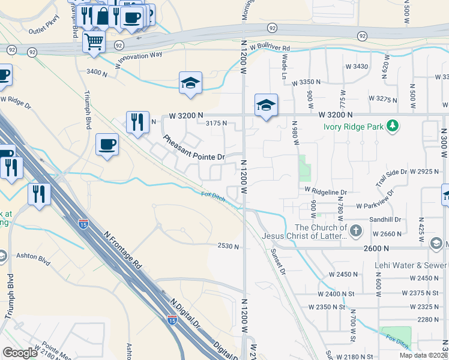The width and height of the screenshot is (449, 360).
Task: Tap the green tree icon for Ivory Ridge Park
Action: coord(393,125)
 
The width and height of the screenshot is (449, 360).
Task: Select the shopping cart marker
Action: coord(94,43)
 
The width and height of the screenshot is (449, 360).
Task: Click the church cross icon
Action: coord(356,230)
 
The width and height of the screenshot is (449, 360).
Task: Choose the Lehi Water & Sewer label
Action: coord(411,265)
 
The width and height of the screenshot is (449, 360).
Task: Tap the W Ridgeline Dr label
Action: coord(326,191)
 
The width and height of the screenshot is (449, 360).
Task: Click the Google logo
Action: coord(20,353)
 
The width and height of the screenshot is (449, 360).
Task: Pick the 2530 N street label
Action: coord(228,246)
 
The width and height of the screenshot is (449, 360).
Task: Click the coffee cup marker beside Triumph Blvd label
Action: coord(107,145)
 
